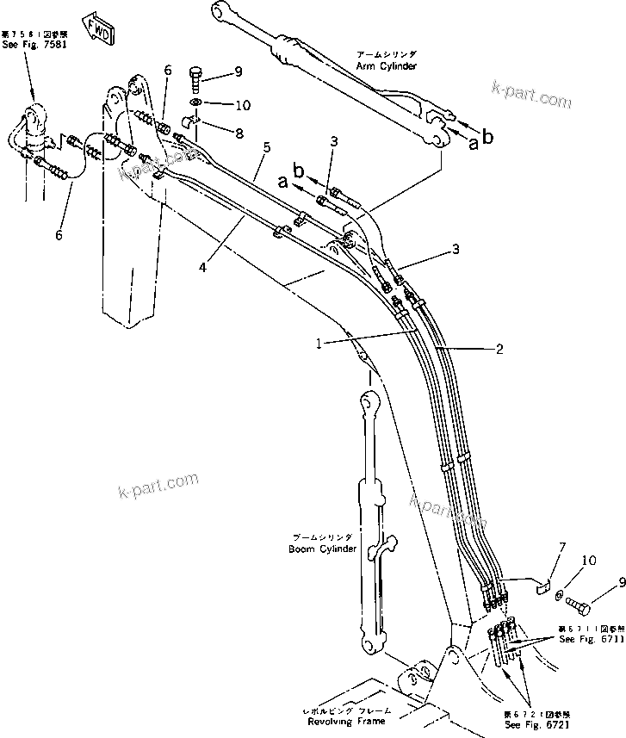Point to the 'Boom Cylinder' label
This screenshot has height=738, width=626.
323,549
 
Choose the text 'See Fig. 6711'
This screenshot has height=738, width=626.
588,640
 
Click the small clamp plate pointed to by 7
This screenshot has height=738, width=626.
540,587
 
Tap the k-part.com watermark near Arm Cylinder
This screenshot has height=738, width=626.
530,95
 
